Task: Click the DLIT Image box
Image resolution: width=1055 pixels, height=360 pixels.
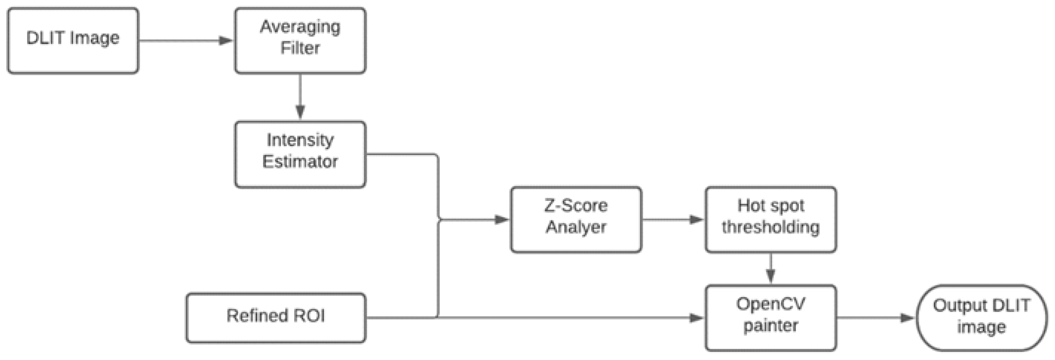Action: tap(73, 40)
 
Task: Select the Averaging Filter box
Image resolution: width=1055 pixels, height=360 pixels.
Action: tap(300, 40)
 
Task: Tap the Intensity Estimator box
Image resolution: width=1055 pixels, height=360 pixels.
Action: tap(300, 154)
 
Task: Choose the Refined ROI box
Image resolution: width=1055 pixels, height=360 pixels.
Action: tap(276, 317)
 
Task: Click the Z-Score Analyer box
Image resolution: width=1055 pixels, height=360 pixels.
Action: tap(576, 219)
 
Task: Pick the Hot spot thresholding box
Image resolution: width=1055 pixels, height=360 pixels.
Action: tap(770, 219)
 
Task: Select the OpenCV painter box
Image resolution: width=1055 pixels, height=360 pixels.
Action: tap(770, 317)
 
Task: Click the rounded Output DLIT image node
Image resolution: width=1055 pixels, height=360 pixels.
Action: tap(981, 317)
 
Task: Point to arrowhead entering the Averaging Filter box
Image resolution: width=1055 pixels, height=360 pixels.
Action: tap(226, 40)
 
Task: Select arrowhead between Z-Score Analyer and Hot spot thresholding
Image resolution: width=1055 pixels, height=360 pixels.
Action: tap(696, 219)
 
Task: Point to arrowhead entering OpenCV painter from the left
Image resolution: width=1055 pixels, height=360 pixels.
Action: tap(696, 317)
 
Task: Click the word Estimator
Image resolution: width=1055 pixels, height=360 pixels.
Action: tap(300, 161)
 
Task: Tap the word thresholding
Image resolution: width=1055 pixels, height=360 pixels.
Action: tap(770, 227)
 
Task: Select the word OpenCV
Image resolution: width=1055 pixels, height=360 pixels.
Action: tap(770, 304)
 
